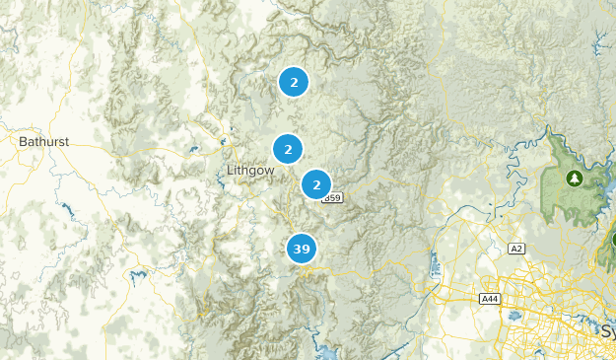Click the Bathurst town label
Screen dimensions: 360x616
pos(43,142)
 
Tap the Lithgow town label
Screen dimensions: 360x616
pos(250,170)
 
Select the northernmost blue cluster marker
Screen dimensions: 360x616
pos(294,82)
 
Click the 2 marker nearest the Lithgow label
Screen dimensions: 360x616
pos(288,150)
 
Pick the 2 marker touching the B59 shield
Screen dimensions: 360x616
pos(316,184)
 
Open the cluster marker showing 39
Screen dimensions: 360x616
pos(302,249)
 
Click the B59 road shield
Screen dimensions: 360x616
pos(333,198)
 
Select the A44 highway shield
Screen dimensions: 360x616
pos(489,298)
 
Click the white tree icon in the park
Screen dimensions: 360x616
pos(574,179)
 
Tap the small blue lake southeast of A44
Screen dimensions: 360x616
pos(514,317)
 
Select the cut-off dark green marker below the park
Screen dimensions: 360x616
pos(611,240)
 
